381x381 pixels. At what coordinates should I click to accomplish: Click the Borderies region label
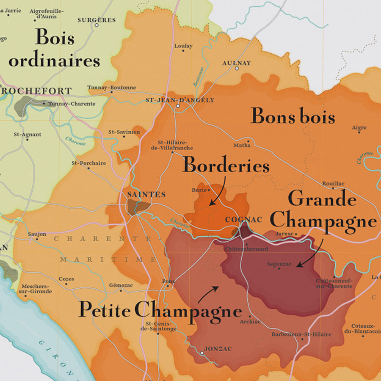coord(226,165)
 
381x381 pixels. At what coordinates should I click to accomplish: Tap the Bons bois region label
coord(293,116)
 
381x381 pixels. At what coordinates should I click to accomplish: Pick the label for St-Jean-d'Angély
coord(180,100)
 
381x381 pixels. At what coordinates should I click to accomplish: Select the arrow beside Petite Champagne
coord(209,293)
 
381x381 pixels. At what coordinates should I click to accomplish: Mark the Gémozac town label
coord(121,285)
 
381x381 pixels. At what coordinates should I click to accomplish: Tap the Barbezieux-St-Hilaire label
coord(301,334)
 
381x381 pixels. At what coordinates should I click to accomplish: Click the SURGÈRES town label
coord(97,20)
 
